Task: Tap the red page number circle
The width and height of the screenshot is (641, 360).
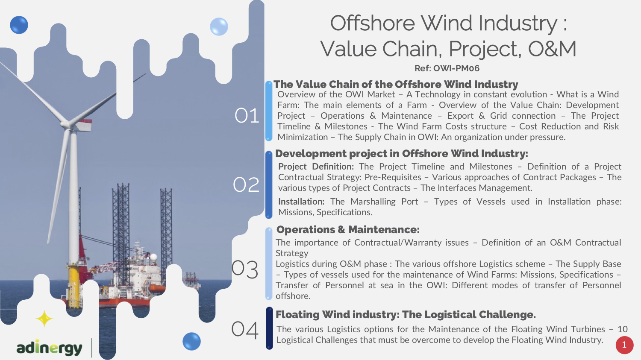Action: [624, 345]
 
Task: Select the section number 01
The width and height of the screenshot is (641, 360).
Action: [247, 116]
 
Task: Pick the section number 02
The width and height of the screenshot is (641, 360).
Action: [246, 184]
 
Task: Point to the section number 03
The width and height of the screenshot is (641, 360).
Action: [245, 269]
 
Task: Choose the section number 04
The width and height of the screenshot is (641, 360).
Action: [245, 330]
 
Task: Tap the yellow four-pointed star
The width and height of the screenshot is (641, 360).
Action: [44, 319]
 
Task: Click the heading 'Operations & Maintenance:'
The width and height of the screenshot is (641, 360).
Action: [348, 230]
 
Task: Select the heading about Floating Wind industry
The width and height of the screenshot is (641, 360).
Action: [406, 315]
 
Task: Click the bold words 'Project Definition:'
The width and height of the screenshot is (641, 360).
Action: [316, 167]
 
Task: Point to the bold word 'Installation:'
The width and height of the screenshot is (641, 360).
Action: [301, 202]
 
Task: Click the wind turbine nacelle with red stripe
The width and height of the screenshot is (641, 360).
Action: [82, 125]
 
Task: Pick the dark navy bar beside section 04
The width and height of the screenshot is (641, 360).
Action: [269, 328]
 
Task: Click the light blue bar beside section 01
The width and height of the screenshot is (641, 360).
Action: [269, 111]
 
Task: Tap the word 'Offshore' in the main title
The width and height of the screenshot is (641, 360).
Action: [373, 23]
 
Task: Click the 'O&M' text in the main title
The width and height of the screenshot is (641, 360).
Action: [552, 49]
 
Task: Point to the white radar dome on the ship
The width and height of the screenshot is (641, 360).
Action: [153, 257]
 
